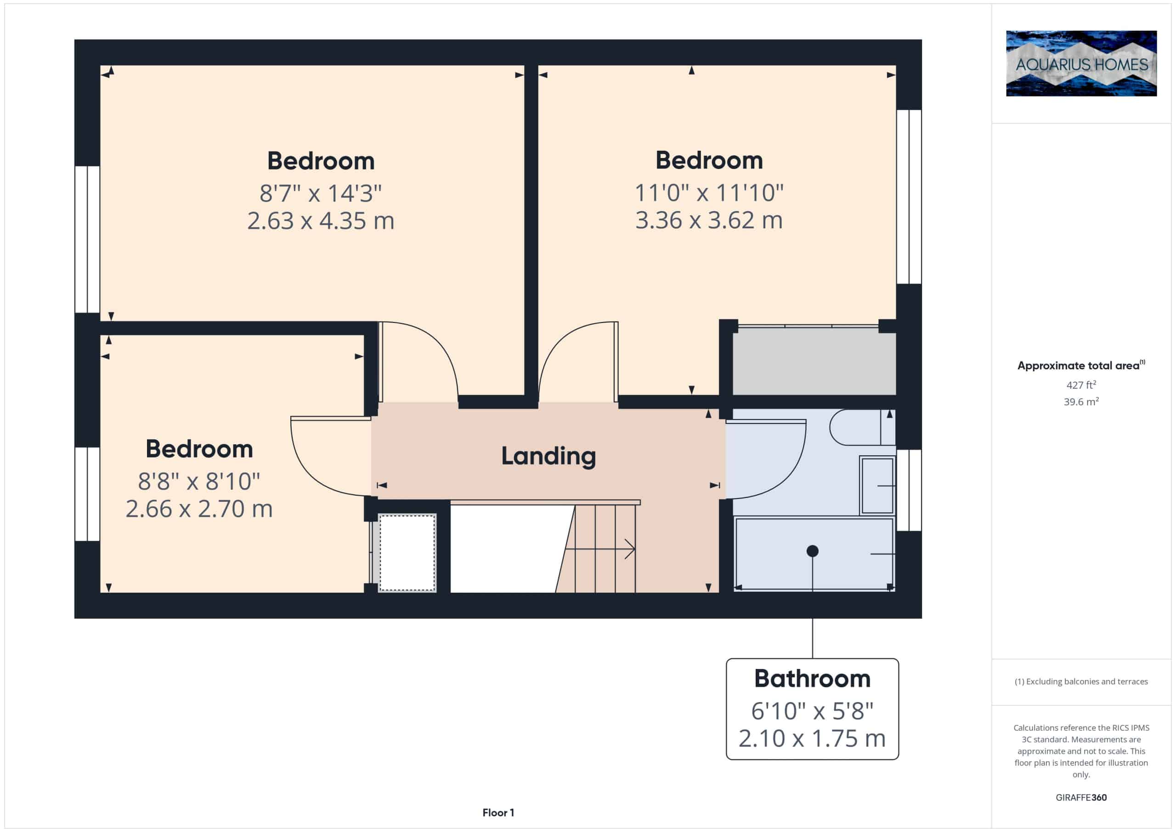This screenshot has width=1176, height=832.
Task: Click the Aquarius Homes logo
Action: point(1081,63)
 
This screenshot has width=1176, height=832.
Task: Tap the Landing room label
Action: point(548,456)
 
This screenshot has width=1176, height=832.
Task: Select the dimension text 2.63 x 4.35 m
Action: point(321,221)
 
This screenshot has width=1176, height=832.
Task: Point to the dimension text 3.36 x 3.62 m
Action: point(709,221)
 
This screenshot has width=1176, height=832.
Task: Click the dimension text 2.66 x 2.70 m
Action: point(199,509)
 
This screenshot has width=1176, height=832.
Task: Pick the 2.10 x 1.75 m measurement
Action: point(812,738)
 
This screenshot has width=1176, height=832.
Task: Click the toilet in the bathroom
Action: point(863,427)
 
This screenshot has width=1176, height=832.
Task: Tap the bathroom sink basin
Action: point(877,485)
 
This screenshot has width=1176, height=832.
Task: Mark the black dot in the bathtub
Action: point(812,551)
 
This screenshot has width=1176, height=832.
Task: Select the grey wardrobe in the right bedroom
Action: point(814,361)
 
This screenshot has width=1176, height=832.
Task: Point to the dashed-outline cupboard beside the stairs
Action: point(407,553)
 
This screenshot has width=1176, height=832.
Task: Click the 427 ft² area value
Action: point(1081,384)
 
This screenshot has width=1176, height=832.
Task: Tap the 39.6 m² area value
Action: point(1081,402)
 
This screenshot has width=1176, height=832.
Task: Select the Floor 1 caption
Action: point(498,813)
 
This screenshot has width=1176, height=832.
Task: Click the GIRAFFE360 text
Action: point(1081,797)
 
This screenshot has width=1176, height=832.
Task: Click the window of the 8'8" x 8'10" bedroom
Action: point(87,494)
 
